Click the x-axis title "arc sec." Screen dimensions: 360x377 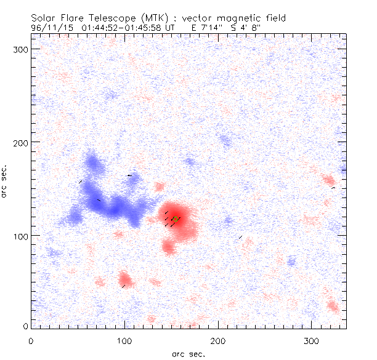point(188,353)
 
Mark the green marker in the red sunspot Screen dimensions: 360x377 point(176,218)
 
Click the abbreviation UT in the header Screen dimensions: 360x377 point(175,27)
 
